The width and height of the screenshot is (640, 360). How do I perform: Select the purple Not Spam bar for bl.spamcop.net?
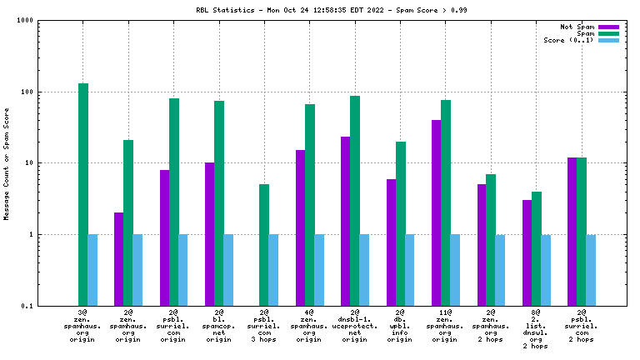pos(209,234)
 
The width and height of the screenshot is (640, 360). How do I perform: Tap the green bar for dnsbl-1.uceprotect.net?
pos(355,201)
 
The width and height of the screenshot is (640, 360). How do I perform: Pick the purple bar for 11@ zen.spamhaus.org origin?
pos(436,212)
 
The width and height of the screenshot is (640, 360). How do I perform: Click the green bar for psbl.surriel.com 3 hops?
pos(264,245)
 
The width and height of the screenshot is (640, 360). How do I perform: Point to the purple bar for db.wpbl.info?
pos(391,242)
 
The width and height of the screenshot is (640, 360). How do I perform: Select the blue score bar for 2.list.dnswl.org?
pos(546,270)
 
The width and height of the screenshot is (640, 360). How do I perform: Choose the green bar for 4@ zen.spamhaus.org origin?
pos(310,205)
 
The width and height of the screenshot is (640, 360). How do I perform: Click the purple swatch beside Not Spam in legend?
pos(608,27)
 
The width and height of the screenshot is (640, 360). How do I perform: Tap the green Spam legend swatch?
pos(608,33)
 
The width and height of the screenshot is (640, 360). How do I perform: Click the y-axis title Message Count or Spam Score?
pos(7,163)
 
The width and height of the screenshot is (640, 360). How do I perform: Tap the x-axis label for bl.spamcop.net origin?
pos(219,325)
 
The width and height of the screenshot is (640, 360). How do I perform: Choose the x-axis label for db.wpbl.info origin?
pos(400,325)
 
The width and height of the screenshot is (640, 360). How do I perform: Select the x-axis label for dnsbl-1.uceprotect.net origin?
pos(355,325)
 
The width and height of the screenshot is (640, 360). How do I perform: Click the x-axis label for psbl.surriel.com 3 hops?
pos(264,325)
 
